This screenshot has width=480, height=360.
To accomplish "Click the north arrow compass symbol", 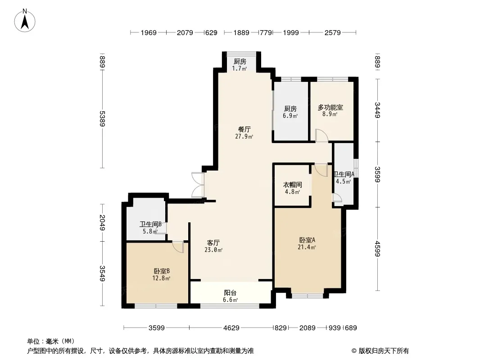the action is point(25,21).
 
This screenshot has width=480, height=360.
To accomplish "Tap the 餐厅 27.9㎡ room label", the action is point(245,133).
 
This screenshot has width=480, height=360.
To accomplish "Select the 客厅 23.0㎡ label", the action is point(213,246).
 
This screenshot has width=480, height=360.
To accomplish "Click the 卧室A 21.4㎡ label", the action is point(307,243).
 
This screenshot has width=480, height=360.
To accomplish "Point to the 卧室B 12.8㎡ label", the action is point(161,274).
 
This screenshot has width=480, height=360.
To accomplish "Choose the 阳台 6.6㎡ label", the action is point(230,296).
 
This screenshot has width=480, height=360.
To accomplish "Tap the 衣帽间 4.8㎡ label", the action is point(292,188).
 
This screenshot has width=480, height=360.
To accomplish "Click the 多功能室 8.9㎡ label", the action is point(330,110).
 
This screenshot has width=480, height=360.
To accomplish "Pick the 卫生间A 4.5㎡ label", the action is point(344,178).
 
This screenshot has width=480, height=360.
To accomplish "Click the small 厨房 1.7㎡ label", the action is point(240,65).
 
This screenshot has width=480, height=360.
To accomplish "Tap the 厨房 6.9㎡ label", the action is point(290,112).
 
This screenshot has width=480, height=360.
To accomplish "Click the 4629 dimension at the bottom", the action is point(231,328).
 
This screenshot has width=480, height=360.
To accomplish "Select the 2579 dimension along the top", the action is point(332,32).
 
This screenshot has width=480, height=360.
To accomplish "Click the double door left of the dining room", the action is point(198,185).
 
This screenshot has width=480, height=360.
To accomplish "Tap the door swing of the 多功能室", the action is point(322,135).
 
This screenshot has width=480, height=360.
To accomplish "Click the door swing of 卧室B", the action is point(178,247).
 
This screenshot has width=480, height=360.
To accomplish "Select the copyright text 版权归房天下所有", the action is point(384,351).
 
